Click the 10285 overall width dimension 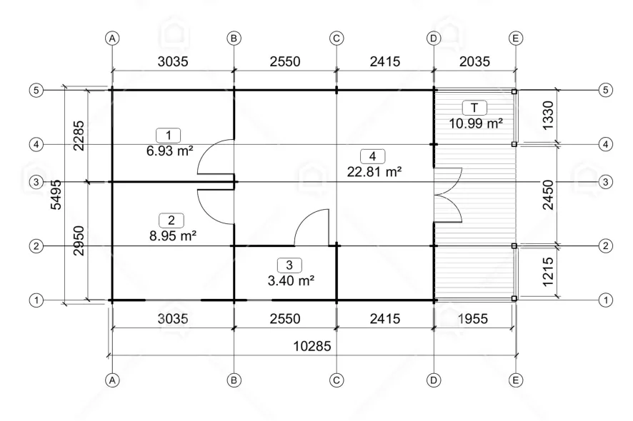pyautogui.click(x=312, y=346)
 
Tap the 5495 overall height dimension pyautogui.click(x=56, y=195)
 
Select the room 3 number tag pyautogui.click(x=289, y=265)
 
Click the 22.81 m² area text pyautogui.click(x=374, y=172)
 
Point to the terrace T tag pyautogui.click(x=474, y=108)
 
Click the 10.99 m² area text pyautogui.click(x=476, y=123)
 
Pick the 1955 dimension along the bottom pyautogui.click(x=473, y=318)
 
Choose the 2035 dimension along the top pyautogui.click(x=474, y=61)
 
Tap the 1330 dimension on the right pyautogui.click(x=548, y=116)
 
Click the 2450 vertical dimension pyautogui.click(x=548, y=195)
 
